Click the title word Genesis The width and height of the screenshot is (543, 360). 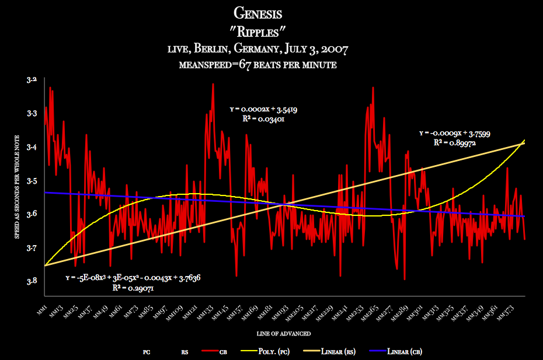(x=271, y=12)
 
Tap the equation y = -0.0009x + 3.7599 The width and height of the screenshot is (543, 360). (x=454, y=134)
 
